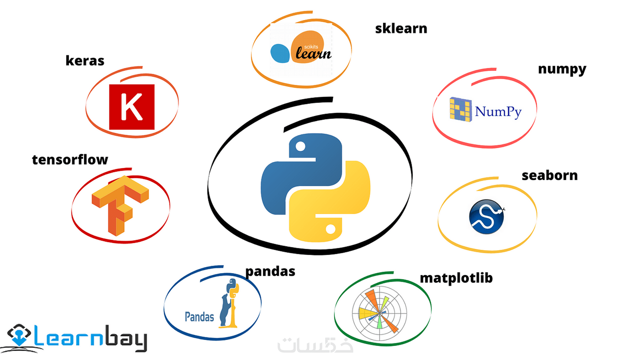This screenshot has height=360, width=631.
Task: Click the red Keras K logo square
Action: pyautogui.click(x=132, y=107)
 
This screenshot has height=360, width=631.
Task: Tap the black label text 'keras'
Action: pyautogui.click(x=85, y=60)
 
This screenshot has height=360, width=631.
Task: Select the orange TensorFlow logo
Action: pyautogui.click(x=120, y=206)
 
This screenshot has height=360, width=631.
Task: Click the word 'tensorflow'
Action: pyautogui.click(x=70, y=160)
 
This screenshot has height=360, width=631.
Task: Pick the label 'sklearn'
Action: pyautogui.click(x=401, y=29)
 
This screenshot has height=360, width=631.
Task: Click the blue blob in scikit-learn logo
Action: pyautogui.click(x=280, y=53)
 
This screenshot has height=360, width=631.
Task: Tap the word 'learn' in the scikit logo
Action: pyautogui.click(x=314, y=53)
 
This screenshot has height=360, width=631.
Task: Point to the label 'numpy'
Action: pyautogui.click(x=562, y=69)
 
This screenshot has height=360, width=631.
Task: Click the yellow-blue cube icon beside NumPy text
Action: pyautogui.click(x=461, y=109)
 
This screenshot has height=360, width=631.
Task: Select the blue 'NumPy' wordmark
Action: pyautogui.click(x=498, y=112)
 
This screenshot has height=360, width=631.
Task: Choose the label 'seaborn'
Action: pyautogui.click(x=550, y=176)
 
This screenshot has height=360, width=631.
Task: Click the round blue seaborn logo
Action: pyautogui.click(x=487, y=217)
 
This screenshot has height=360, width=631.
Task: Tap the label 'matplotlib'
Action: pyautogui.click(x=456, y=278)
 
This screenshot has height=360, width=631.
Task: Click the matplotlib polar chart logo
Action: pyautogui.click(x=379, y=313)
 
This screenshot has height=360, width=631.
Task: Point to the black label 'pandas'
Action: pyautogui.click(x=270, y=272)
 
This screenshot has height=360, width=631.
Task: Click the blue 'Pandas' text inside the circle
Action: pyautogui.click(x=199, y=317)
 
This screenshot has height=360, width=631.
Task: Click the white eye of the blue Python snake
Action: pyautogui.click(x=301, y=147)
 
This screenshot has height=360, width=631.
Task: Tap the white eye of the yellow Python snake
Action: pyautogui.click(x=330, y=229)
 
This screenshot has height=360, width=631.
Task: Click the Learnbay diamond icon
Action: pyautogui.click(x=19, y=335)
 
